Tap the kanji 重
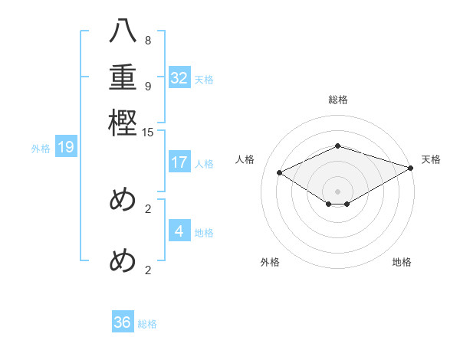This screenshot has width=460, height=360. pyautogui.click(x=123, y=77)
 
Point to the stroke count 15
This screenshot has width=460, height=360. pyautogui.click(x=148, y=133)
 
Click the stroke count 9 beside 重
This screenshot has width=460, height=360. pyautogui.click(x=148, y=85)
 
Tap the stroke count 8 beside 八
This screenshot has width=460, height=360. pyautogui.click(x=148, y=41)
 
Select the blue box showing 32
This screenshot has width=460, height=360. pyautogui.click(x=179, y=78)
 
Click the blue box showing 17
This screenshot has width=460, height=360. pyautogui.click(x=179, y=162)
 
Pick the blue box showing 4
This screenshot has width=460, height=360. pyautogui.click(x=179, y=231)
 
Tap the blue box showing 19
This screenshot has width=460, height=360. pyautogui.click(x=66, y=147)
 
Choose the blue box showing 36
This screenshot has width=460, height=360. pyautogui.click(x=123, y=322)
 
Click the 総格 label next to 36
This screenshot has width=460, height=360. pyautogui.click(x=148, y=324)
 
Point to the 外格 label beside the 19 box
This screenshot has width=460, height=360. pyautogui.click(x=41, y=149)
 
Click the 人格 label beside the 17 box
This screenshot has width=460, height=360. pyautogui.click(x=204, y=164)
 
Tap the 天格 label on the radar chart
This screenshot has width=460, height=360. pyautogui.click(x=431, y=159)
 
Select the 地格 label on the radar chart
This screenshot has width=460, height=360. pyautogui.click(x=402, y=262)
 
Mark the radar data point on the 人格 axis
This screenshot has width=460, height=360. pyautogui.click(x=280, y=173)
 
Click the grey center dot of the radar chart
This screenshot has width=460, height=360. pyautogui.click(x=338, y=191)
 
